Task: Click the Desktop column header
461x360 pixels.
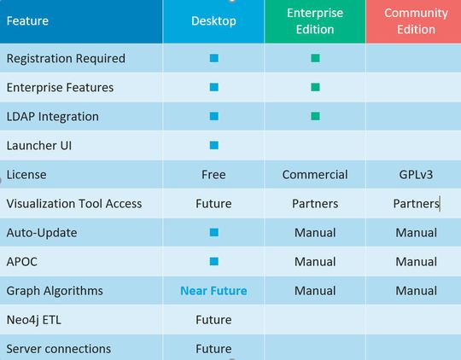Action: pyautogui.click(x=213, y=20)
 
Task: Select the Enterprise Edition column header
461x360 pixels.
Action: pyautogui.click(x=315, y=20)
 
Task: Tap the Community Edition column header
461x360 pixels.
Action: pyautogui.click(x=416, y=20)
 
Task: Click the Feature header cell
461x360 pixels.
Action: pyautogui.click(x=27, y=20)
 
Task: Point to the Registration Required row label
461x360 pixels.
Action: pyautogui.click(x=66, y=59)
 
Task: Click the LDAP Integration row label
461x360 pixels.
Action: pyautogui.click(x=52, y=117)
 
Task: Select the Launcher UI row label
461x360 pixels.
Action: pyautogui.click(x=39, y=146)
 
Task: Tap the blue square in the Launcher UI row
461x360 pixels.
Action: pyautogui.click(x=213, y=146)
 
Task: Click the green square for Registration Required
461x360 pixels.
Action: pyautogui.click(x=315, y=59)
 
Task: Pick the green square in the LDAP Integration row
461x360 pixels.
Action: pyautogui.click(x=315, y=117)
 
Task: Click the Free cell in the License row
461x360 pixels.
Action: pyautogui.click(x=213, y=175)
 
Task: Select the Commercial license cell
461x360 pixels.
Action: pyautogui.click(x=315, y=175)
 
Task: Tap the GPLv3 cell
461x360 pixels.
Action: pyautogui.click(x=416, y=175)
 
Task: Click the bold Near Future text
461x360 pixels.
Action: pyautogui.click(x=213, y=291)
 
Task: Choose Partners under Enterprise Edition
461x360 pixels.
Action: pyautogui.click(x=315, y=204)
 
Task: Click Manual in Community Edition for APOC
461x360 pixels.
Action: pyautogui.click(x=416, y=262)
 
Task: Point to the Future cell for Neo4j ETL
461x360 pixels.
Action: pyautogui.click(x=213, y=320)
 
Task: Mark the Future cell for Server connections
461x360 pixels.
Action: pyautogui.click(x=213, y=349)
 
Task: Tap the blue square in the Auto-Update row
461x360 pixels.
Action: pyautogui.click(x=213, y=233)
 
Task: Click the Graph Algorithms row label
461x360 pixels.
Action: pyautogui.click(x=55, y=291)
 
